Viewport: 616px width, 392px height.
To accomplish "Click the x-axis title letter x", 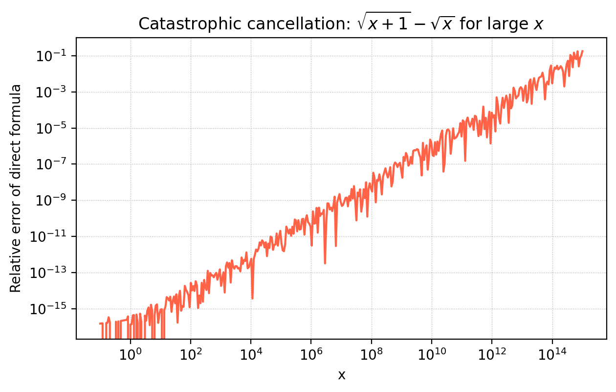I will tap(342, 375).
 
